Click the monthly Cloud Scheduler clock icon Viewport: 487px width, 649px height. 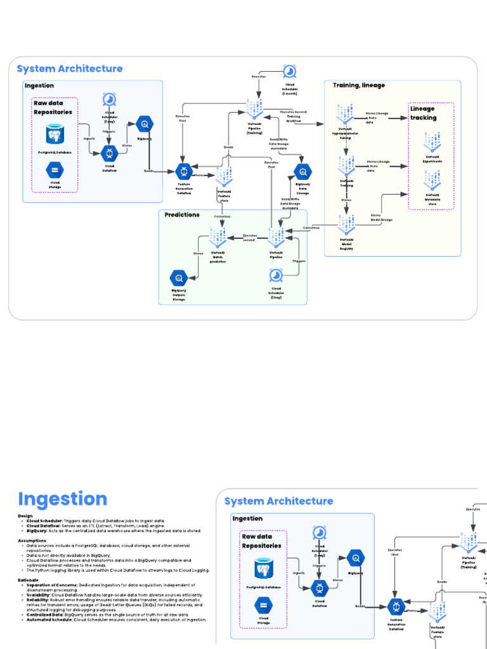pyautogui.click(x=289, y=70)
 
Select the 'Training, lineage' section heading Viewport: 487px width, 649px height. pyautogui.click(x=358, y=85)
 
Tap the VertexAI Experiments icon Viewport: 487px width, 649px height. pyautogui.click(x=432, y=143)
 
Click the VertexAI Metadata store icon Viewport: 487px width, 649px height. pyautogui.click(x=432, y=181)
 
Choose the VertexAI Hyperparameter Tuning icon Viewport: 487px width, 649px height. pyautogui.click(x=346, y=114)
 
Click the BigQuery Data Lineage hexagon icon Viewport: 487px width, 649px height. pyautogui.click(x=303, y=171)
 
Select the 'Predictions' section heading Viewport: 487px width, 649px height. pyautogui.click(x=182, y=215)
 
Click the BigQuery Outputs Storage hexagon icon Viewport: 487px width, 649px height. pyautogui.click(x=179, y=278)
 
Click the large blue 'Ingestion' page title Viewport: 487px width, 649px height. pyautogui.click(x=62, y=499)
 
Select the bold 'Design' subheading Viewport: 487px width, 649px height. pyautogui.click(x=25, y=516)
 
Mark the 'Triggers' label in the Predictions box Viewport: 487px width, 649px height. pyautogui.click(x=299, y=260)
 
